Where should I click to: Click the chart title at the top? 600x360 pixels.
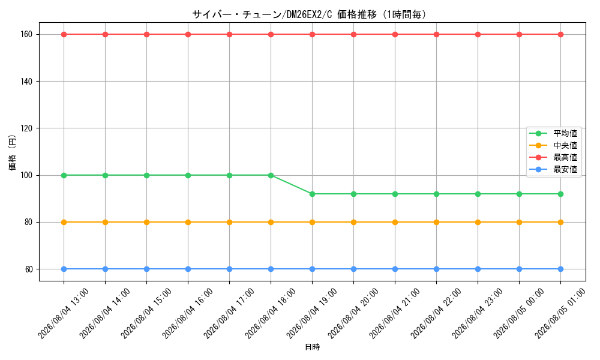point(309,14)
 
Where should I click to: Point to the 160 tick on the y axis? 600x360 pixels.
point(26,34)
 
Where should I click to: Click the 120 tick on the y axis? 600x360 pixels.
point(26,128)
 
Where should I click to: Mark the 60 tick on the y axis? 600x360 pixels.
point(29,269)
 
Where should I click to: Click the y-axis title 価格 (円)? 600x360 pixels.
point(12,152)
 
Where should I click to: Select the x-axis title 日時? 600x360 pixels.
point(312,347)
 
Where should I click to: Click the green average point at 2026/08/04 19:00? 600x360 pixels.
point(312,194)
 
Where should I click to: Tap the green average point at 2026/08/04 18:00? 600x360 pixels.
point(271,176)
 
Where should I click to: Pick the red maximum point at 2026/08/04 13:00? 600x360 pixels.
point(64,34)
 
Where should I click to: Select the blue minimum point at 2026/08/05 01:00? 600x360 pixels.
point(560,269)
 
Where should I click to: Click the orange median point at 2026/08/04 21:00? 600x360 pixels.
point(395,222)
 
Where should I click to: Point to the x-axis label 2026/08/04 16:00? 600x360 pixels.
point(187,314)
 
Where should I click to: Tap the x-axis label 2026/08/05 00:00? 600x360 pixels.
point(518,314)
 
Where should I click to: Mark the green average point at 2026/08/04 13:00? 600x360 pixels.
point(64,176)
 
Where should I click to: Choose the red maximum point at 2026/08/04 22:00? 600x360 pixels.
point(436,34)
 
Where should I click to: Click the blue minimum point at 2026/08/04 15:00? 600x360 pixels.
point(146,269)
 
